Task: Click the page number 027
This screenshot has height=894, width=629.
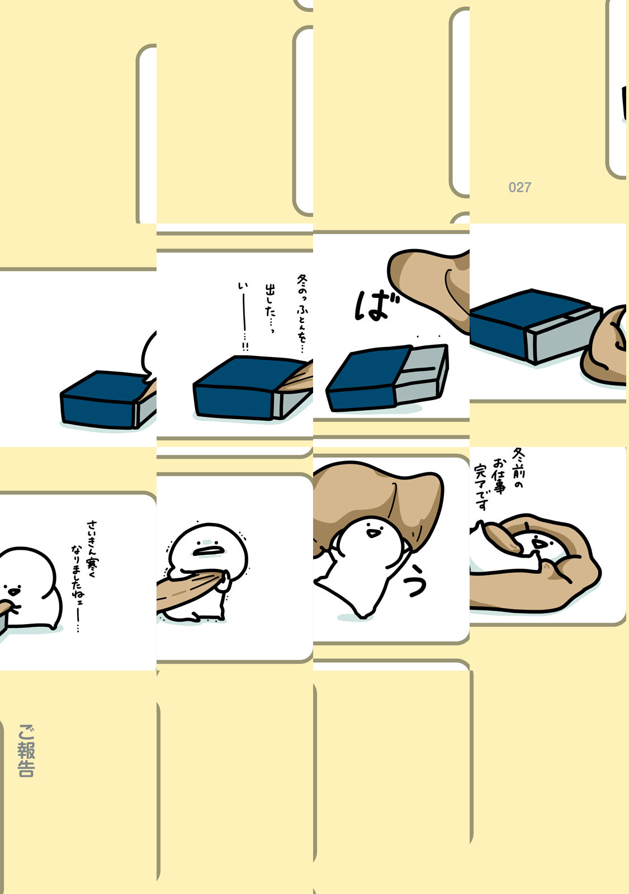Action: click(519, 187)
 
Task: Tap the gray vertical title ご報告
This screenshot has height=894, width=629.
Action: click(26, 751)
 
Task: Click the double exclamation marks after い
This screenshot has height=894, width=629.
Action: click(245, 346)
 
